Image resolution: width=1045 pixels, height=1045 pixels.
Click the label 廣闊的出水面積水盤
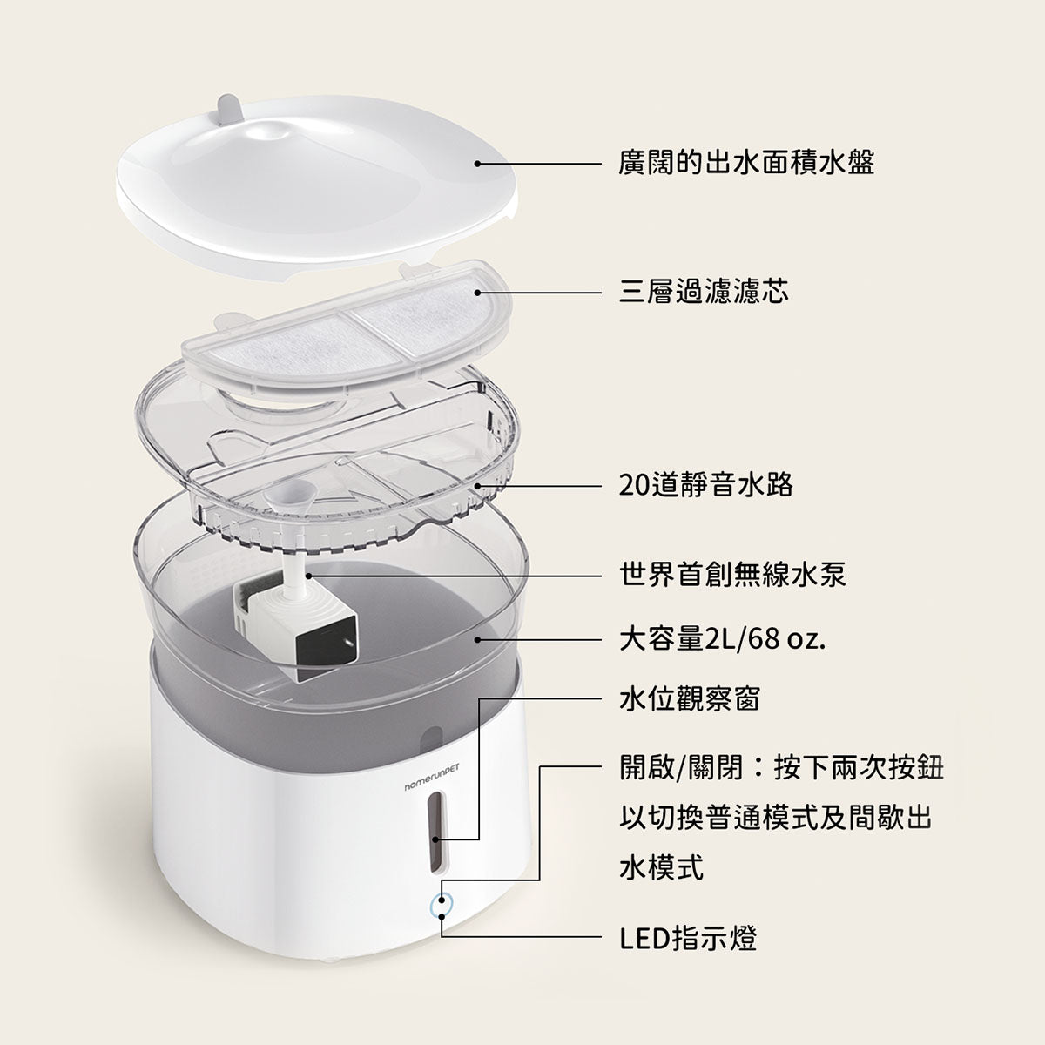(746, 163)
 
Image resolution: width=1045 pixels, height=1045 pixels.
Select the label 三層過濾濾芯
(704, 293)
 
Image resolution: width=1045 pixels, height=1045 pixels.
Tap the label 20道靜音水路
(705, 485)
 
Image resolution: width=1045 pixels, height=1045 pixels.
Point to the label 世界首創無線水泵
(732, 575)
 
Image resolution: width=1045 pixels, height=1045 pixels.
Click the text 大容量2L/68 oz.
(722, 640)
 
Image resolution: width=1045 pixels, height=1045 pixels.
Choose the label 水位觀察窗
(689, 699)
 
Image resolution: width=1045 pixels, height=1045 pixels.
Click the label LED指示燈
(688, 938)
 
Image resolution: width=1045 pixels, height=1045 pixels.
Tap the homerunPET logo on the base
(432, 777)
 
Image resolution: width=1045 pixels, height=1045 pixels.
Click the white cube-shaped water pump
(295, 623)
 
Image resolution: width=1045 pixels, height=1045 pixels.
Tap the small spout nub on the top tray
(226, 109)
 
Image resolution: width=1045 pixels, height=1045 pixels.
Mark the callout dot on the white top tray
(477, 163)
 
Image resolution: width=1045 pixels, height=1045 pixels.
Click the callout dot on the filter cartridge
(477, 293)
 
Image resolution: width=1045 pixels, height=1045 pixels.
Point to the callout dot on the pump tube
(308, 576)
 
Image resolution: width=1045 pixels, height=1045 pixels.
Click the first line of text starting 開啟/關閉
(781, 768)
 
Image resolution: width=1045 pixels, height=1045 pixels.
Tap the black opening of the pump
(327, 649)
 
